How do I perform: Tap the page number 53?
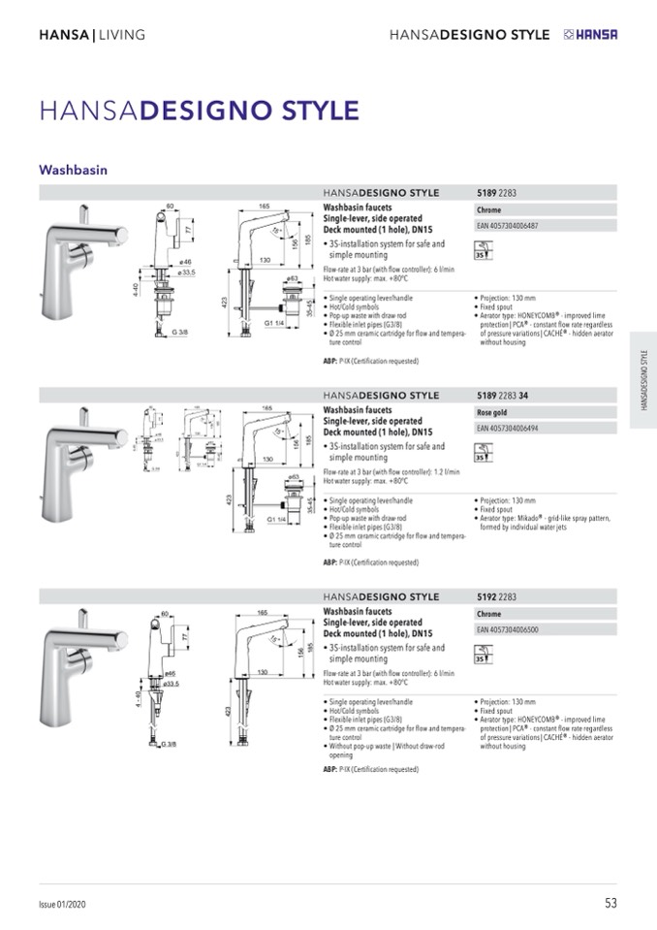tap(610, 903)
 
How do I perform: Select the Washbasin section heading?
tap(73, 170)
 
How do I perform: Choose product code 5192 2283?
tap(496, 597)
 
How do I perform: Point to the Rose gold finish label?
tap(493, 412)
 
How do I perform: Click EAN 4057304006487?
tap(508, 226)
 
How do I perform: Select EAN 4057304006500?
tap(508, 630)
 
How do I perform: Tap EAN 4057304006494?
tap(508, 428)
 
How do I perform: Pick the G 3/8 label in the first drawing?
tap(180, 333)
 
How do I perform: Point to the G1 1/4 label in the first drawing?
tap(273, 323)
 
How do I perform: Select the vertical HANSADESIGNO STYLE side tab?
tap(643, 379)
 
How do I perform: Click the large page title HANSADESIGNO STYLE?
tap(199, 111)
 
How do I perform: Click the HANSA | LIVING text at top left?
tap(92, 35)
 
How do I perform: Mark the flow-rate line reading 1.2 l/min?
tap(391, 471)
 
